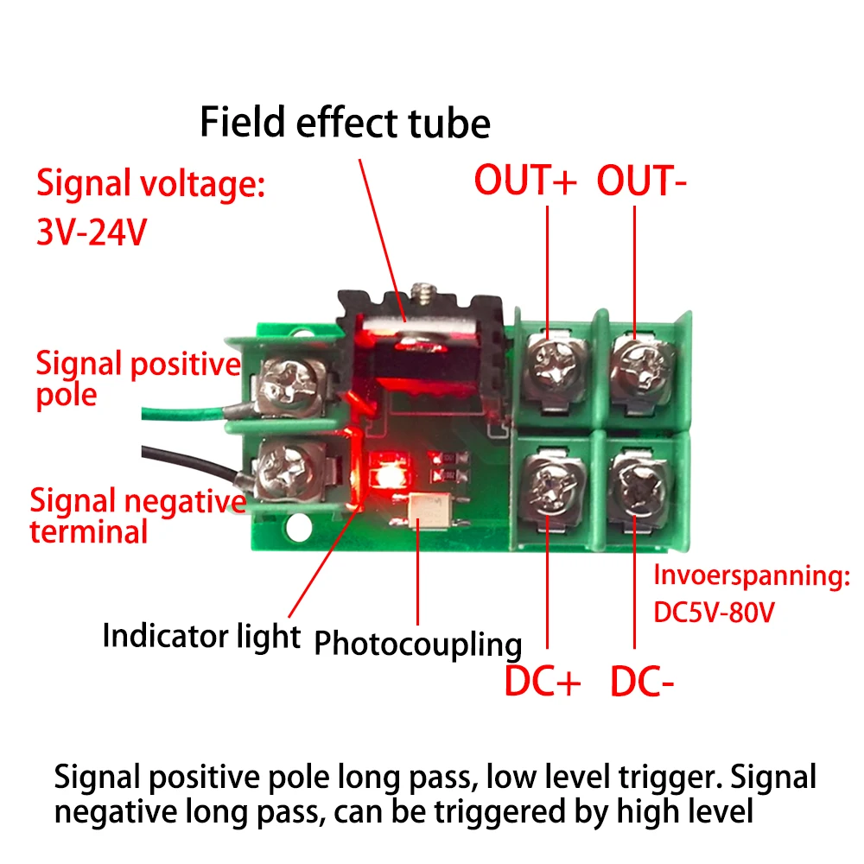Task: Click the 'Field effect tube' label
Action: pos(345,123)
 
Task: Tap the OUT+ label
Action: pos(524,181)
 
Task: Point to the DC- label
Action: pos(642,682)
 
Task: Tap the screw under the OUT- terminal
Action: pos(641,358)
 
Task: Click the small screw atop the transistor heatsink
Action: pos(422,291)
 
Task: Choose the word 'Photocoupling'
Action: pos(417,644)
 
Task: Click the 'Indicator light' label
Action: pos(200,636)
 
